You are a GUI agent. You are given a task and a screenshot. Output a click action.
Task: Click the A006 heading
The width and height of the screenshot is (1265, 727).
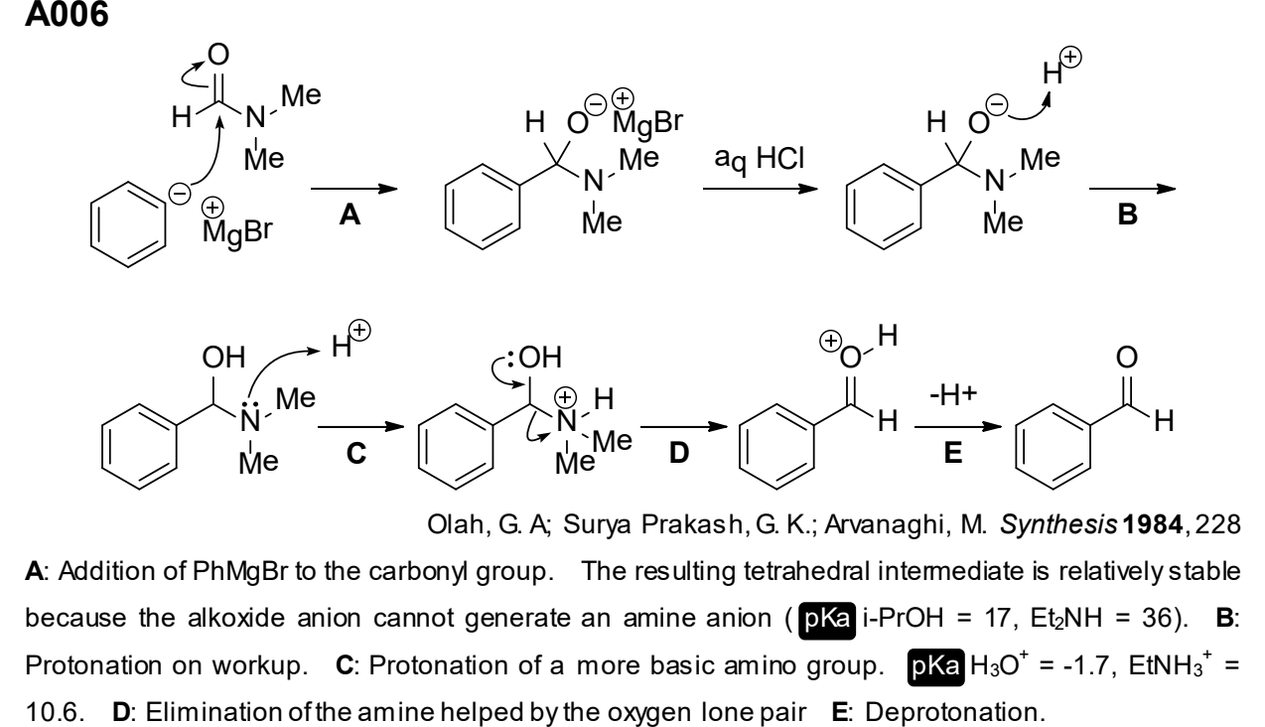click(x=67, y=14)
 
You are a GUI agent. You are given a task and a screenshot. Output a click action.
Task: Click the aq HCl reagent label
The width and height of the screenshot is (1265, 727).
click(x=759, y=159)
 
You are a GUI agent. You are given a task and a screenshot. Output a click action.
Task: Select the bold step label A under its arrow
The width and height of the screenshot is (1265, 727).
click(x=351, y=216)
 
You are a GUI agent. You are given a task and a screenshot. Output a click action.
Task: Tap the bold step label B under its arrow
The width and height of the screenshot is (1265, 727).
click(x=1127, y=215)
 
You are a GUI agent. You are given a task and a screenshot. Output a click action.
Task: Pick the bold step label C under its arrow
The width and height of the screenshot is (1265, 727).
click(x=356, y=453)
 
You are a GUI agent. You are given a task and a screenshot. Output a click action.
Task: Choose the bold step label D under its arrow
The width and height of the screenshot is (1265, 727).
click(x=679, y=453)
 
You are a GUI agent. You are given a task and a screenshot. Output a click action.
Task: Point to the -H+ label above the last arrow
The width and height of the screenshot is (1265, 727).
click(x=953, y=394)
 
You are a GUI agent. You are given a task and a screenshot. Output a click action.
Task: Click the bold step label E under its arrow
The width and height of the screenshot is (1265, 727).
click(x=953, y=453)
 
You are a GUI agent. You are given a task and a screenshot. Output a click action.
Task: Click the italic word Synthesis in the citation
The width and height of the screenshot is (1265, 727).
click(x=1058, y=524)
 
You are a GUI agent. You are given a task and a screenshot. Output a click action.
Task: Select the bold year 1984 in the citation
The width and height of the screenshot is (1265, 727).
click(x=1152, y=524)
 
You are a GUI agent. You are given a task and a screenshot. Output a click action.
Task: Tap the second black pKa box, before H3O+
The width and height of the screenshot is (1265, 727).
click(x=935, y=667)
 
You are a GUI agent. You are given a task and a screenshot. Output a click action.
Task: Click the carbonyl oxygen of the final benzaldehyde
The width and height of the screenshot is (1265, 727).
click(x=1127, y=357)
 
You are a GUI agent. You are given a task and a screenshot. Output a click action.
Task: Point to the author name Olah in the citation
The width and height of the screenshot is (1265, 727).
click(x=455, y=524)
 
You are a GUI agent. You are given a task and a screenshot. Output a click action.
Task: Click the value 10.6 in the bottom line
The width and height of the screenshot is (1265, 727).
click(x=55, y=712)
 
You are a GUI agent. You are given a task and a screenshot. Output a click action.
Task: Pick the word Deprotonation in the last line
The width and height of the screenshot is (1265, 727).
click(x=954, y=713)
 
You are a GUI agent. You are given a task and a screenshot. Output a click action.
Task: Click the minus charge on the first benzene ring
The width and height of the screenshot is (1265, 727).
click(x=180, y=194)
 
